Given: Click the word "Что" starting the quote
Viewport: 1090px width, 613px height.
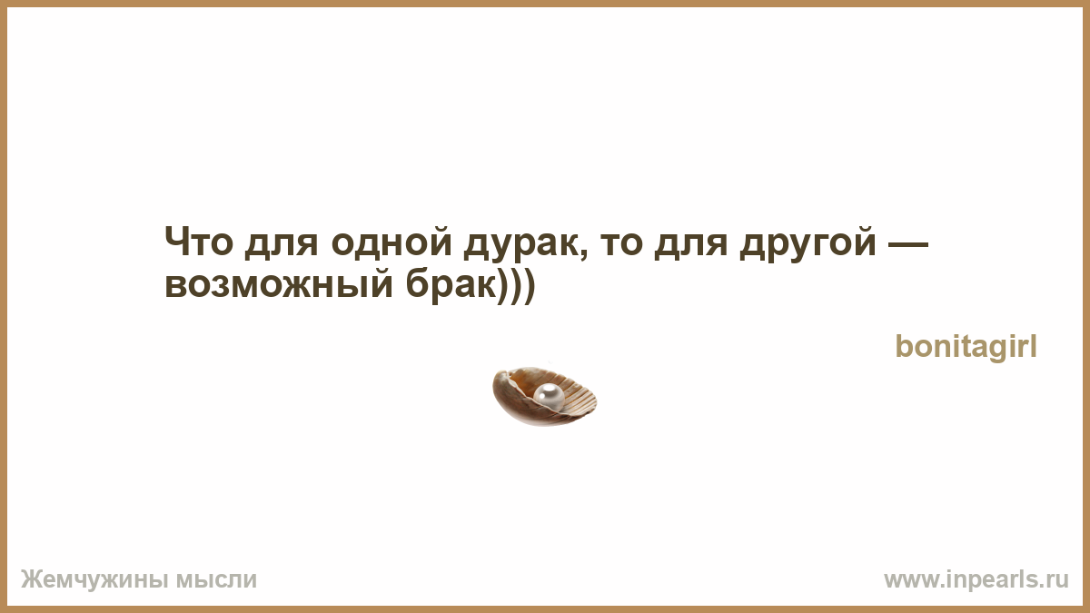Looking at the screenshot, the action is click(x=199, y=242).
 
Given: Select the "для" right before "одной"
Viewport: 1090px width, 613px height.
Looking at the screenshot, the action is click(x=282, y=244).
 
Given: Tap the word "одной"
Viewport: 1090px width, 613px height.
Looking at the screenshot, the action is click(x=391, y=241).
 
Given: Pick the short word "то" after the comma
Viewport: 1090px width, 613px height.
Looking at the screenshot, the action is click(x=621, y=244).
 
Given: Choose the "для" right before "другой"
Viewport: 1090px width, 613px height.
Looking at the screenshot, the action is click(x=691, y=244).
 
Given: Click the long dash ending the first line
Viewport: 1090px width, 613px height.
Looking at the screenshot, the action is click(x=908, y=243).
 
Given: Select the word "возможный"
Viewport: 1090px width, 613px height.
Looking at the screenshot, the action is click(x=279, y=283).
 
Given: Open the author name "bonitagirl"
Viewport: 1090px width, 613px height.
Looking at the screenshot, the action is click(x=966, y=347).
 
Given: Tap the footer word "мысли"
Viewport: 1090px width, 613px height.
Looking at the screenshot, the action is click(x=216, y=580).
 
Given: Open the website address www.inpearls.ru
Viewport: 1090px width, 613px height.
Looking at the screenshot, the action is click(x=976, y=580).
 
